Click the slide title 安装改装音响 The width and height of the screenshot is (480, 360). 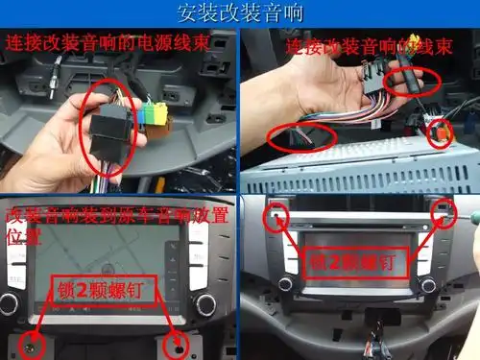(239, 13)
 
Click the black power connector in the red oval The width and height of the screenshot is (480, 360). (108, 120)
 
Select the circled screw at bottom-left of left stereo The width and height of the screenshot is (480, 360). (34, 343)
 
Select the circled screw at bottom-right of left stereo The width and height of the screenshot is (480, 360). (176, 343)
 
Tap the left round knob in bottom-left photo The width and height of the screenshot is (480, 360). (9, 305)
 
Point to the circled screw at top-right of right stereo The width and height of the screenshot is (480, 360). (444, 212)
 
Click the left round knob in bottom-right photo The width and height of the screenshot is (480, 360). (285, 284)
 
